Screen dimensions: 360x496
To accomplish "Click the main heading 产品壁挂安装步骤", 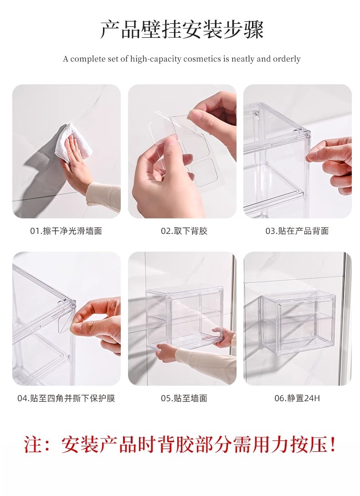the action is [x=182, y=30].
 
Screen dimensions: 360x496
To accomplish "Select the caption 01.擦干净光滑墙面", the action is [x=66, y=231].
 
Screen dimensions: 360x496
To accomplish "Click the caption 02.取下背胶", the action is [x=184, y=231].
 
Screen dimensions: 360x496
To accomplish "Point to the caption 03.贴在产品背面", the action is [x=297, y=231].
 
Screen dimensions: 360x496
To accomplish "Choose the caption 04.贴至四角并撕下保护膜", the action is [x=66, y=398].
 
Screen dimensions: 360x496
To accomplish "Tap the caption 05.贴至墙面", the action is [x=184, y=398].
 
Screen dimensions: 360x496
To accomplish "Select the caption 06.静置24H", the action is [x=297, y=398].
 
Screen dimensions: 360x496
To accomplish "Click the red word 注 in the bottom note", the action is [x=33, y=444].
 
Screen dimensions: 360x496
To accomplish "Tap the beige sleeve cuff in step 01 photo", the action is [x=103, y=196].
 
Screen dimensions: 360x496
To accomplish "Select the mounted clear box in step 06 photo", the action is [x=298, y=323].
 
